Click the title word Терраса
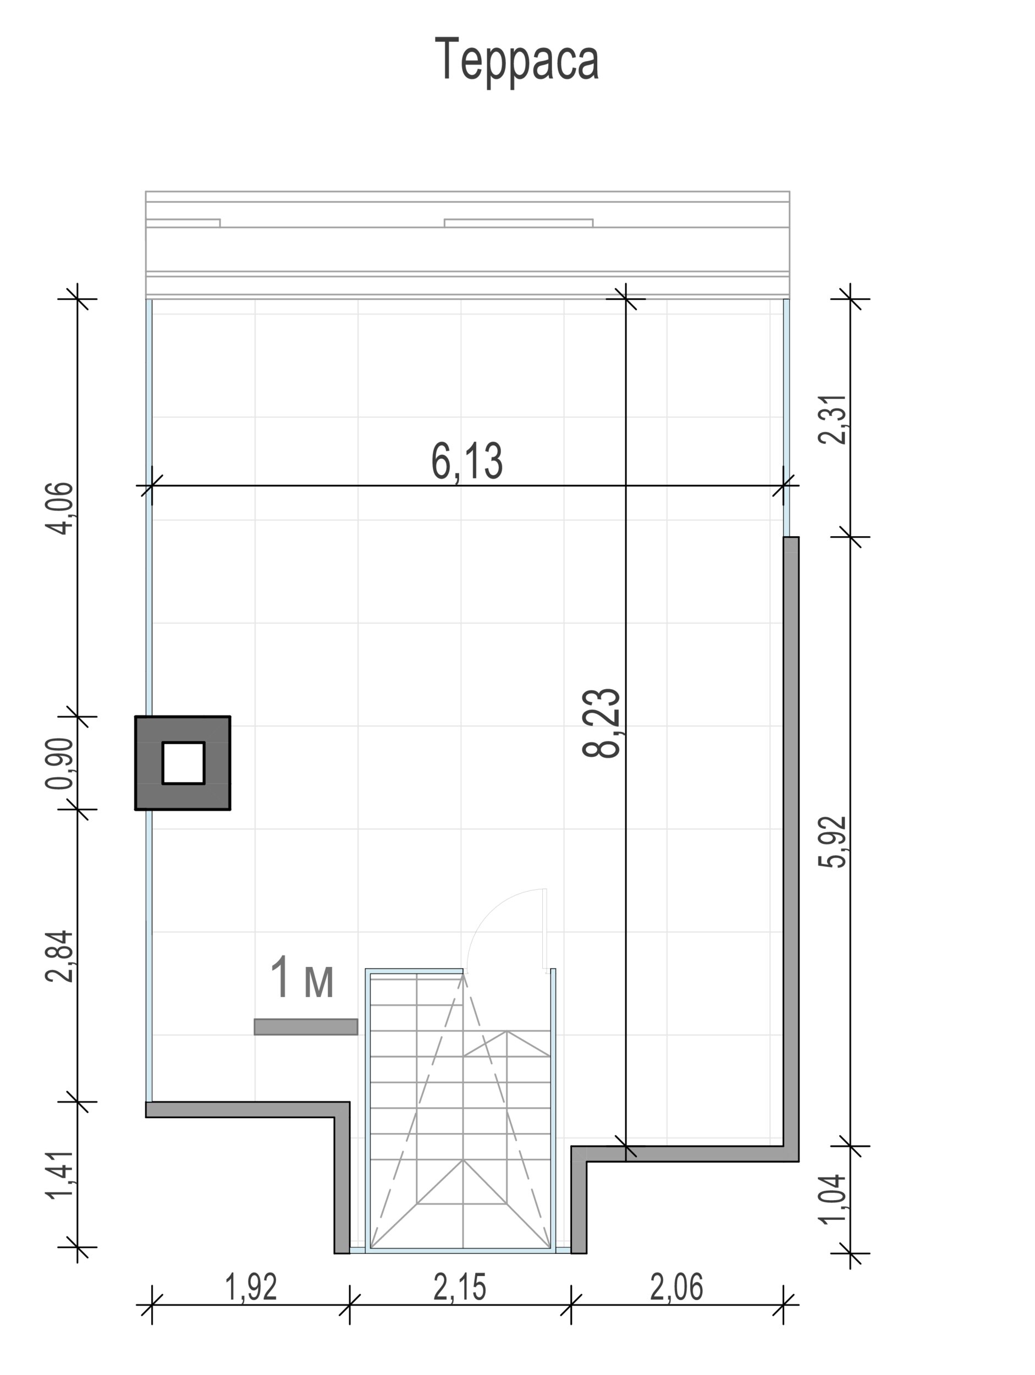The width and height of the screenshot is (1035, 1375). (x=516, y=59)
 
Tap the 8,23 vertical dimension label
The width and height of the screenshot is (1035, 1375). (x=602, y=723)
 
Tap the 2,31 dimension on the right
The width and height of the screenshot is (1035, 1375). (x=833, y=419)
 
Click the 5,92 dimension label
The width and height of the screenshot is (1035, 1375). (x=833, y=842)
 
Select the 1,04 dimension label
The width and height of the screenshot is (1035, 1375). (x=833, y=1199)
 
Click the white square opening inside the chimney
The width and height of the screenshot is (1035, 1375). (x=183, y=763)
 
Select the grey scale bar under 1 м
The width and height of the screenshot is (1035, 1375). (x=306, y=1027)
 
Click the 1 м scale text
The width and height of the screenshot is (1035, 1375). (x=302, y=978)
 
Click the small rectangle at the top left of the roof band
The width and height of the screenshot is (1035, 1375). (x=183, y=223)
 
